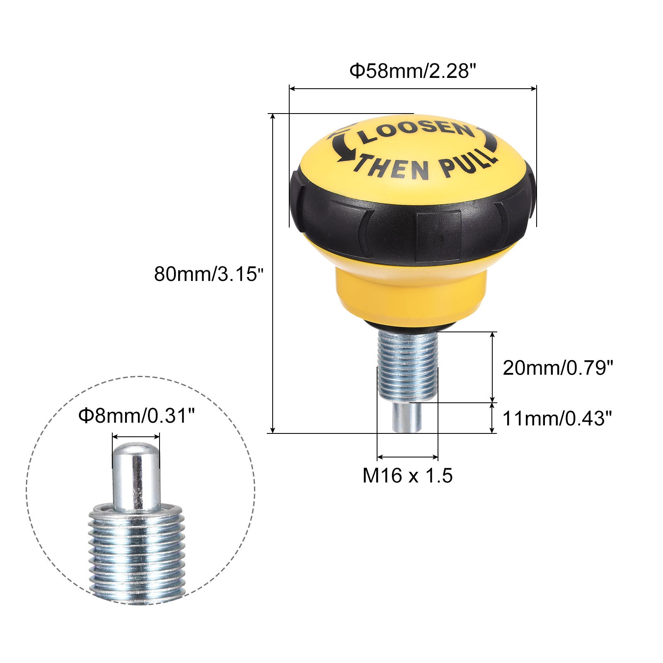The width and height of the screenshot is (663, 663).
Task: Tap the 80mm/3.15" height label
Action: click(208, 274)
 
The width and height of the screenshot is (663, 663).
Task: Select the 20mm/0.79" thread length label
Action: click(557, 368)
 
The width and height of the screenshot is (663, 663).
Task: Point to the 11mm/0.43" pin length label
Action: click(557, 419)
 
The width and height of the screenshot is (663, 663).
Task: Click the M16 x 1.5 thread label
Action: click(407, 475)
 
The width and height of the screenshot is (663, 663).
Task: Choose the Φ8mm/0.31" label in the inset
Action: click(136, 415)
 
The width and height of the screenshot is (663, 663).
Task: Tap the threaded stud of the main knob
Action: click(408, 365)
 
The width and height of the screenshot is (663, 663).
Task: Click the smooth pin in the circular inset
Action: click(136, 477)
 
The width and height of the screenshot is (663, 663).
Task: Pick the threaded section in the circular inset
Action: click(136, 551)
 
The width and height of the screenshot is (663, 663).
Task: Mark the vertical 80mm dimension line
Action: click(273, 273)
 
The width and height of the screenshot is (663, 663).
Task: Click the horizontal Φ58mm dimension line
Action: click(413, 88)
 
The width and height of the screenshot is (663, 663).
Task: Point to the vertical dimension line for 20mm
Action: click(492, 367)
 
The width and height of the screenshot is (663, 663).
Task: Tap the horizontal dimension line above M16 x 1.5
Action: click(407, 457)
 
